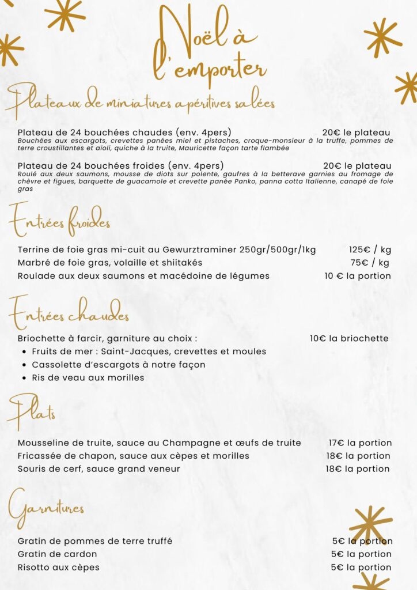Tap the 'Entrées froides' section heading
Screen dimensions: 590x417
coord(59,220)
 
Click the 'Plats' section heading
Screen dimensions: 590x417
coord(33,411)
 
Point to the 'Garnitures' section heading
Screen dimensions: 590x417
coord(47,508)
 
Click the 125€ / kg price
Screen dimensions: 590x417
coord(370,249)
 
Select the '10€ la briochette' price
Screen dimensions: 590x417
coord(349,338)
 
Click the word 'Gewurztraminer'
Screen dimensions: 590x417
coord(200,249)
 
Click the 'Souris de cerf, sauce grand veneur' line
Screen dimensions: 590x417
coord(98,469)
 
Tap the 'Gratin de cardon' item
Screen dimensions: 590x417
coord(57,554)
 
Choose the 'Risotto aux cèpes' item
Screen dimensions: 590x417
coord(58,568)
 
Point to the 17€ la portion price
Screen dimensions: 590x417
coord(360,443)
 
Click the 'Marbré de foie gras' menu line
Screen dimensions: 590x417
coord(110,263)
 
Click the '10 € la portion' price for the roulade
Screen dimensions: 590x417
coord(357,276)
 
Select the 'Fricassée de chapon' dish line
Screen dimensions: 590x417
coord(133,456)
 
